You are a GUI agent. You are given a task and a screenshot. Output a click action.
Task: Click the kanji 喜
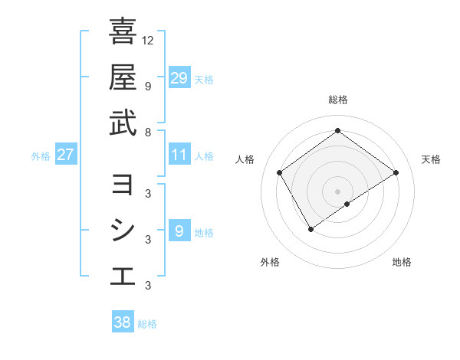pyautogui.click(x=123, y=32)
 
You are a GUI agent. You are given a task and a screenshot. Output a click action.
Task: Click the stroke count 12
pyautogui.click(x=148, y=40)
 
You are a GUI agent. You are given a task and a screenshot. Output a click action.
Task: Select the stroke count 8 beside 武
pyautogui.click(x=148, y=132)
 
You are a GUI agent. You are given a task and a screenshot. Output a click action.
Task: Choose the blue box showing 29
pyautogui.click(x=179, y=78)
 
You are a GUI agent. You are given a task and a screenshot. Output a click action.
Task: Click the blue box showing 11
pyautogui.click(x=179, y=155)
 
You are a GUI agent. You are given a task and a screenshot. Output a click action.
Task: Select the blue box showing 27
pyautogui.click(x=66, y=155)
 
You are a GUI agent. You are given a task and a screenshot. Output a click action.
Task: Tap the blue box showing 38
pyautogui.click(x=123, y=322)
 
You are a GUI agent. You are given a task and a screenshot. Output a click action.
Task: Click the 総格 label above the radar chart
pyautogui.click(x=338, y=100)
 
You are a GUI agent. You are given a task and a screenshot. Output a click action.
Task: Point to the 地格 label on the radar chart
pyautogui.click(x=402, y=262)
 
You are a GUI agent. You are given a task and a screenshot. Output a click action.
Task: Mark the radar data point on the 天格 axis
pyautogui.click(x=396, y=172)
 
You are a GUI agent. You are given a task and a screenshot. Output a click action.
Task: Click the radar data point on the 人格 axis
pyautogui.click(x=280, y=172)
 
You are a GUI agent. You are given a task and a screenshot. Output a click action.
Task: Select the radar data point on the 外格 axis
pyautogui.click(x=310, y=228)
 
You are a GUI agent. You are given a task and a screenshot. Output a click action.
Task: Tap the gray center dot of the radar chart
pyautogui.click(x=338, y=190)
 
